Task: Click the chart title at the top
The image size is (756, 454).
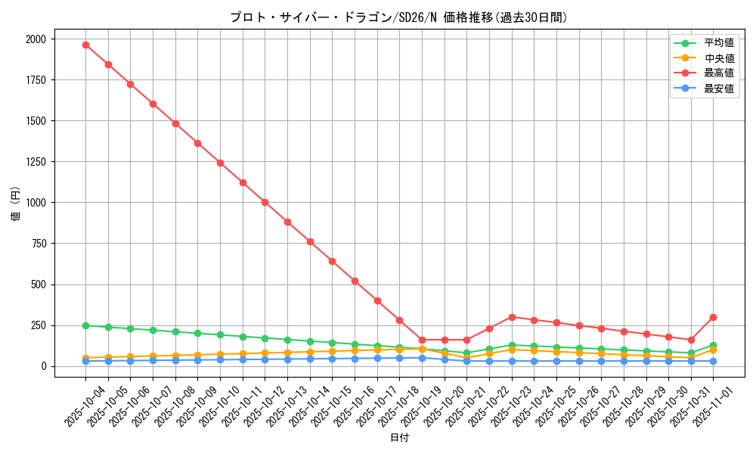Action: [x=398, y=17]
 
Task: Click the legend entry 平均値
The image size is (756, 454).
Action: [x=719, y=43]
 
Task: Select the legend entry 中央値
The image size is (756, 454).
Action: [x=719, y=58]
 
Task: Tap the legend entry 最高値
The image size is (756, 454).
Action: [x=719, y=73]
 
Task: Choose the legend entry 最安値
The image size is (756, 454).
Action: [x=719, y=89]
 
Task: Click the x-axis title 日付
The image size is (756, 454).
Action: [x=399, y=438]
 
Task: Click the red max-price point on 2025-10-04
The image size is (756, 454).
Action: [x=85, y=45]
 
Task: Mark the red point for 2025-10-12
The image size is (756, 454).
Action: [x=265, y=202]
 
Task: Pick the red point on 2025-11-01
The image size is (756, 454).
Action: [x=713, y=317]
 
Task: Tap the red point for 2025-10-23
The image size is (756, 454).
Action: [x=512, y=317]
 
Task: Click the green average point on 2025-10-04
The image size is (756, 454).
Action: [x=85, y=325]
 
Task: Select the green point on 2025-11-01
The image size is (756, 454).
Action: [x=713, y=345]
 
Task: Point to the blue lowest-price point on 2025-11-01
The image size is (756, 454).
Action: [x=713, y=361]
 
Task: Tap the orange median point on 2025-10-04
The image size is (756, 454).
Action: [x=85, y=358]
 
